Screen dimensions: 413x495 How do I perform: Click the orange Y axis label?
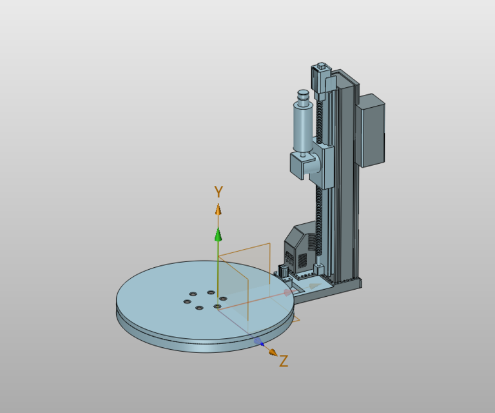[218, 192]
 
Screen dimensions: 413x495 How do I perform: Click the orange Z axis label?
[284, 361]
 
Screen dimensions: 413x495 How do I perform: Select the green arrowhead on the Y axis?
[218, 234]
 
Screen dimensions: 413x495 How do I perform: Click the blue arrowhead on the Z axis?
[258, 341]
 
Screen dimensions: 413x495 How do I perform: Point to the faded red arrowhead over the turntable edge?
[287, 293]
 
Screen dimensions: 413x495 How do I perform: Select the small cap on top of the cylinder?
[302, 97]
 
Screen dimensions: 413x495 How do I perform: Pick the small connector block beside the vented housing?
[282, 271]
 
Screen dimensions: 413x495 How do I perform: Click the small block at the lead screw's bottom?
[318, 267]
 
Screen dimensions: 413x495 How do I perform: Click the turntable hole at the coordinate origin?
[217, 307]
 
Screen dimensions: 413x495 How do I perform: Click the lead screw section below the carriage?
[318, 219]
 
